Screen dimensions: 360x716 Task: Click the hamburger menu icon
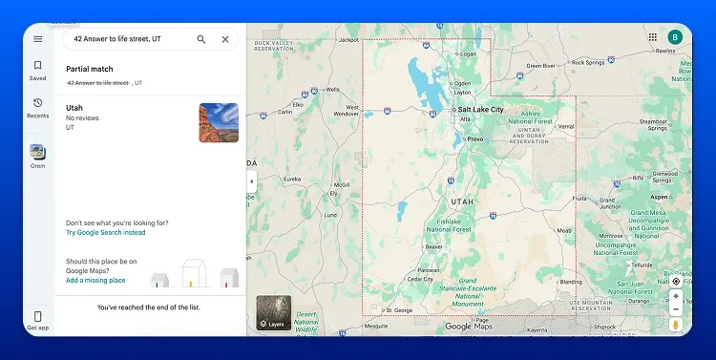coord(37,39)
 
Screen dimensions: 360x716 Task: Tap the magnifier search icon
coord(201,39)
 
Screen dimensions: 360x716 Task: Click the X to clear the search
coord(225,39)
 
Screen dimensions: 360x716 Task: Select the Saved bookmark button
coord(37,69)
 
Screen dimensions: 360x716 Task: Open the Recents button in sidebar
coord(37,106)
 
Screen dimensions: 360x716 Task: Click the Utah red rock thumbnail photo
coord(219,122)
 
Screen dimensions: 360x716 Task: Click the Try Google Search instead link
coord(106,232)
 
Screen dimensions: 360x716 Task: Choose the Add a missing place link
coord(95,280)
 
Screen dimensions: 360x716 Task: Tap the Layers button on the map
coord(273,313)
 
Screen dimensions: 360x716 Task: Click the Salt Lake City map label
coord(482,110)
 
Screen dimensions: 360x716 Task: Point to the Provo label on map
coord(475,139)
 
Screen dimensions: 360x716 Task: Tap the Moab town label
coord(564,230)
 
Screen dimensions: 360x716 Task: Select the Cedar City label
coord(420,279)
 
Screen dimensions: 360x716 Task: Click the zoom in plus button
coord(676,296)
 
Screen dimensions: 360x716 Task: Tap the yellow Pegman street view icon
coord(676,325)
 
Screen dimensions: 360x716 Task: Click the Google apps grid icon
coord(653,37)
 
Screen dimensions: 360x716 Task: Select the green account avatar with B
coord(675,37)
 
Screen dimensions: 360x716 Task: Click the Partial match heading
coord(90,69)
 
